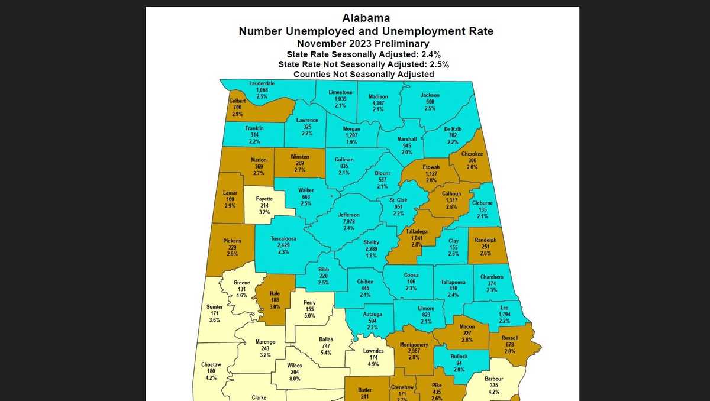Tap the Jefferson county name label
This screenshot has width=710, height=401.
(x=348, y=215)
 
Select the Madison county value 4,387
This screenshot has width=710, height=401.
(x=378, y=103)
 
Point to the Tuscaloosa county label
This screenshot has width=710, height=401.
(x=283, y=239)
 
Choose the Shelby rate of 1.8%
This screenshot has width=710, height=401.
(x=371, y=256)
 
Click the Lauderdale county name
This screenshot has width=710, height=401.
(x=262, y=83)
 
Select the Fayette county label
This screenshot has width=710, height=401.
(x=264, y=199)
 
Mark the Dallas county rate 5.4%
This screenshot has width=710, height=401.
(x=326, y=353)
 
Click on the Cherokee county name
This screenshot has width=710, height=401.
(x=472, y=154)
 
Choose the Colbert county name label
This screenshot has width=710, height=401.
(x=237, y=101)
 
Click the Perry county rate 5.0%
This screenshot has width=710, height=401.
(x=309, y=316)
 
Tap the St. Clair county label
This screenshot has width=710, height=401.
(x=398, y=200)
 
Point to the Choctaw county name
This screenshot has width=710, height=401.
(x=211, y=364)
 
